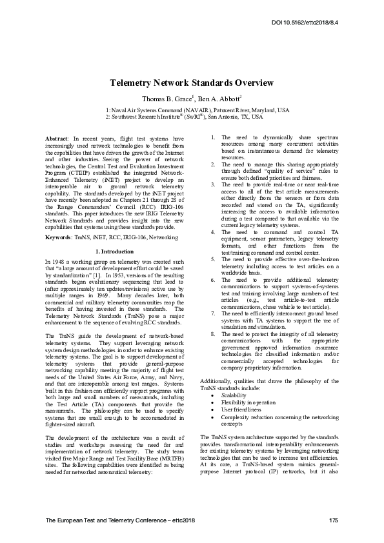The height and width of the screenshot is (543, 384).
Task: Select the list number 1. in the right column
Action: [214, 138]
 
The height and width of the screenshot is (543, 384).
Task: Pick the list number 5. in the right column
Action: [214, 257]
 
